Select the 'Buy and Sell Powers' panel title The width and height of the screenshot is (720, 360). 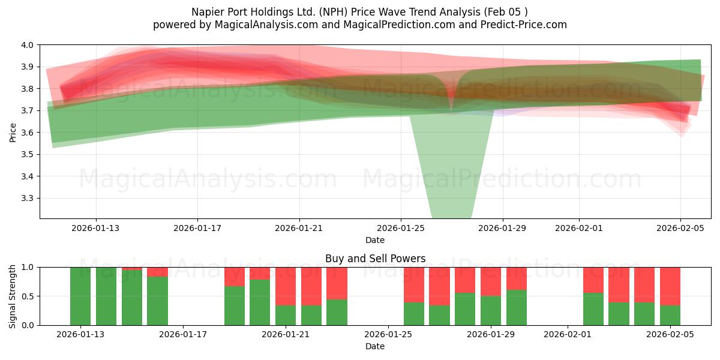click(375, 259)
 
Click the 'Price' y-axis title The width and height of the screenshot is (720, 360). click(13, 132)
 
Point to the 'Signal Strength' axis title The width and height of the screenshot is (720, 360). click(13, 296)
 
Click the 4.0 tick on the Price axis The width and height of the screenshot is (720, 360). click(28, 45)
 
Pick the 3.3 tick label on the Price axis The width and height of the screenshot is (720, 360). click(28, 198)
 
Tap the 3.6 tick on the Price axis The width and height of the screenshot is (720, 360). click(28, 133)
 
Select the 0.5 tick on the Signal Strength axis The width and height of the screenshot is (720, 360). click(28, 296)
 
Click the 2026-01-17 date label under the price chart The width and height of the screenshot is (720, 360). click(197, 228)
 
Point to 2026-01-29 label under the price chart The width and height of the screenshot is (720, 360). click(503, 228)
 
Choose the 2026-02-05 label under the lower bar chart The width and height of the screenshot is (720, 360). click(670, 334)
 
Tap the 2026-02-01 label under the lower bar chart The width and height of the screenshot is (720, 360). click(567, 334)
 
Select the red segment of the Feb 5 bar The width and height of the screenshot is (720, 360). click(670, 286)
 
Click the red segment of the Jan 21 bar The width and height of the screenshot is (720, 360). click(286, 286)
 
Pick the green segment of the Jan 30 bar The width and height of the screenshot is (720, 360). click(517, 308)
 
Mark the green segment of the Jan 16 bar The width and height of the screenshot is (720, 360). click(157, 301)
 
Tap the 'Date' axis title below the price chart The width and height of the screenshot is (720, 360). click(375, 240)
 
